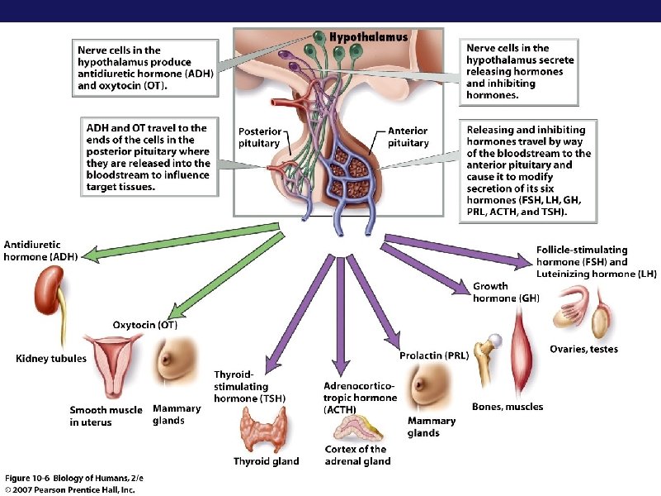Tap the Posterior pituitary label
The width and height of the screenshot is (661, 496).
260,137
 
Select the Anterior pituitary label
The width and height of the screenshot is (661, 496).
408,137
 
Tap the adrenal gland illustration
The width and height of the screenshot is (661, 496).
356,429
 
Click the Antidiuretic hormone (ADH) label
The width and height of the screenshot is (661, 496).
41,250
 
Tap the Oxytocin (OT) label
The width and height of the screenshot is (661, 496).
144,325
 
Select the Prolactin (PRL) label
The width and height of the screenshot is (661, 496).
434,355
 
